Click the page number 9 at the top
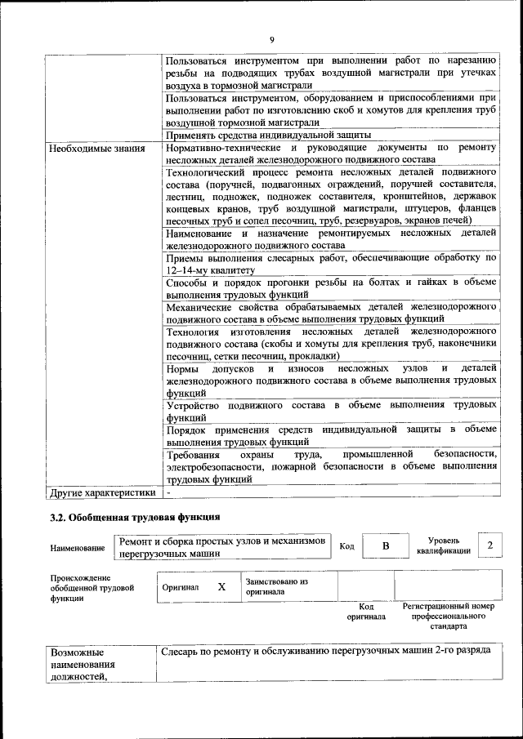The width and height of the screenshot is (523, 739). click(271, 39)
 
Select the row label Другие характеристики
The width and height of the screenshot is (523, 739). click(102, 493)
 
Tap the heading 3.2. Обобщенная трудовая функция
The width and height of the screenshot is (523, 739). click(135, 518)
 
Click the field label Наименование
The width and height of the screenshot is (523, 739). click(78, 548)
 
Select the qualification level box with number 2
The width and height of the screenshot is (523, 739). click(489, 545)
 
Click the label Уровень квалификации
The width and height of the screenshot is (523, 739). click(442, 545)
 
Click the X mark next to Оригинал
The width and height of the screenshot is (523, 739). click(221, 586)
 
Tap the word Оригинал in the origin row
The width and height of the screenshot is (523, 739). click(181, 587)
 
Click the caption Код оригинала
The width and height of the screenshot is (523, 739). click(366, 612)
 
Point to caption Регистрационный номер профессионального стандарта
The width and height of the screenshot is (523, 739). click(449, 617)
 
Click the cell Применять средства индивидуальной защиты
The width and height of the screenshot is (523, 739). click(269, 135)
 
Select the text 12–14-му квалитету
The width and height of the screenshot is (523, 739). click(210, 269)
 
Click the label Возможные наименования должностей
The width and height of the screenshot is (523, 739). click(82, 665)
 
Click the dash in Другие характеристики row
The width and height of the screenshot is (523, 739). click(168, 493)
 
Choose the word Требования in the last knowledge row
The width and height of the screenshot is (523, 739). click(194, 454)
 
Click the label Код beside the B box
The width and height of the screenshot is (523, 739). click(346, 545)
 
